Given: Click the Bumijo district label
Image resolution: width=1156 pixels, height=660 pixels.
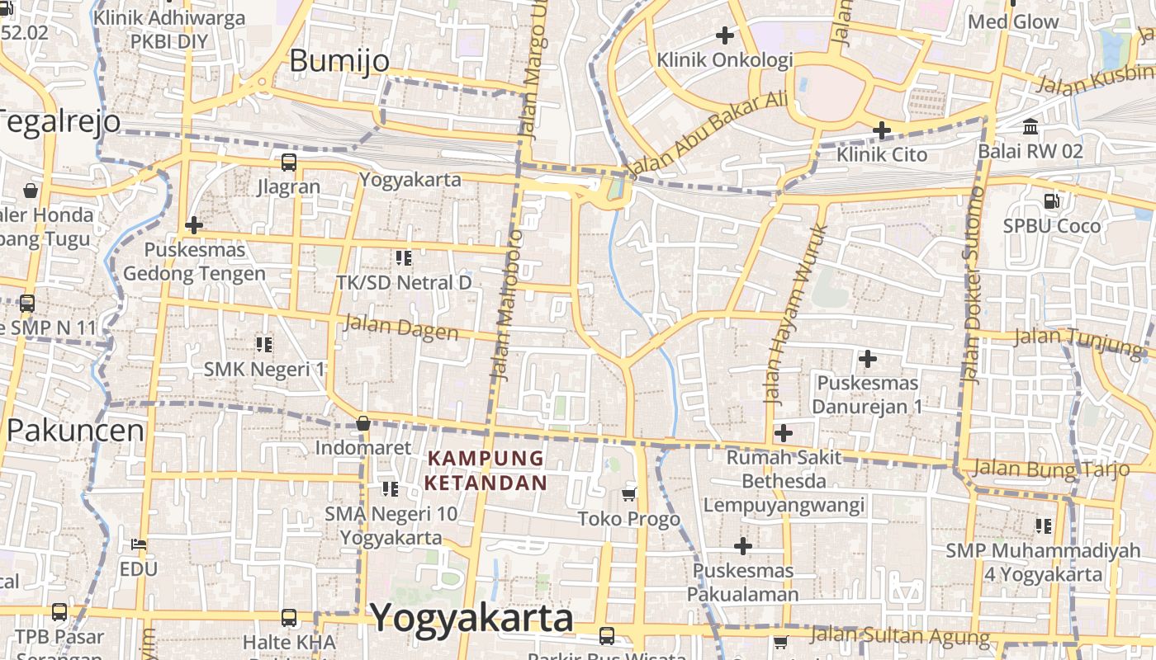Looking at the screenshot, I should click(x=339, y=61).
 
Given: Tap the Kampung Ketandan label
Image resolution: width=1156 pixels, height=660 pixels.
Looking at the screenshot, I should click(x=486, y=470).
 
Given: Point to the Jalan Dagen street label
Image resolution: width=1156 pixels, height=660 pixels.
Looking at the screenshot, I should click(x=400, y=328).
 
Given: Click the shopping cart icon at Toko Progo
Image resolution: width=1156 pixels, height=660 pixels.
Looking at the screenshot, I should click(x=629, y=494).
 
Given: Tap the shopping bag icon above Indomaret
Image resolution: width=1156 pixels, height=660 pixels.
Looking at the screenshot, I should click(x=362, y=423).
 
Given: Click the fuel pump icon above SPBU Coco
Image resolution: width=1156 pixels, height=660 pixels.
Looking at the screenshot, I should click(x=1051, y=200).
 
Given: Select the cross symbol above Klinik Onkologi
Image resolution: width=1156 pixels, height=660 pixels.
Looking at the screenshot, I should click(x=724, y=35).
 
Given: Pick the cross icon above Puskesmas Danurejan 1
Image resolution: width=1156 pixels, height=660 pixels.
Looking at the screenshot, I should click(x=867, y=359).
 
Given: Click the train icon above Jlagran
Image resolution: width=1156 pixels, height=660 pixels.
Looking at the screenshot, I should click(x=288, y=163).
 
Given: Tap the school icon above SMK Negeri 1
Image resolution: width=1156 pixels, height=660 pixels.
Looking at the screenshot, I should click(x=264, y=344).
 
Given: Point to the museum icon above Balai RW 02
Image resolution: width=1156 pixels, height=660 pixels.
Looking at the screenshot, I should click(x=1030, y=127).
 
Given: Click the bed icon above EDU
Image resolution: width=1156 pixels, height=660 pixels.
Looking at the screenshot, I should click(x=138, y=544).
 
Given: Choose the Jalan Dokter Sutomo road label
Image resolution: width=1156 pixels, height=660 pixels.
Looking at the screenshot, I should click(x=974, y=285).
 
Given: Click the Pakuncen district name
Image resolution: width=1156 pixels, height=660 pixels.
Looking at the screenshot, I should click(x=75, y=431).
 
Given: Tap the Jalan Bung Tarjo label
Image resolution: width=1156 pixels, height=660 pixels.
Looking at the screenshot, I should click(x=1050, y=469).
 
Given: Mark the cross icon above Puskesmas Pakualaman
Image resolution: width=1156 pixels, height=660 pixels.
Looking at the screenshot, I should click(x=743, y=545).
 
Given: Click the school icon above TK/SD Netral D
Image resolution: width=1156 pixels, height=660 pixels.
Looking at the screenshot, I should click(x=404, y=258).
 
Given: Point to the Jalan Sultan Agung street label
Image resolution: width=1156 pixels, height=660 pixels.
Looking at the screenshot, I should click(x=899, y=635).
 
